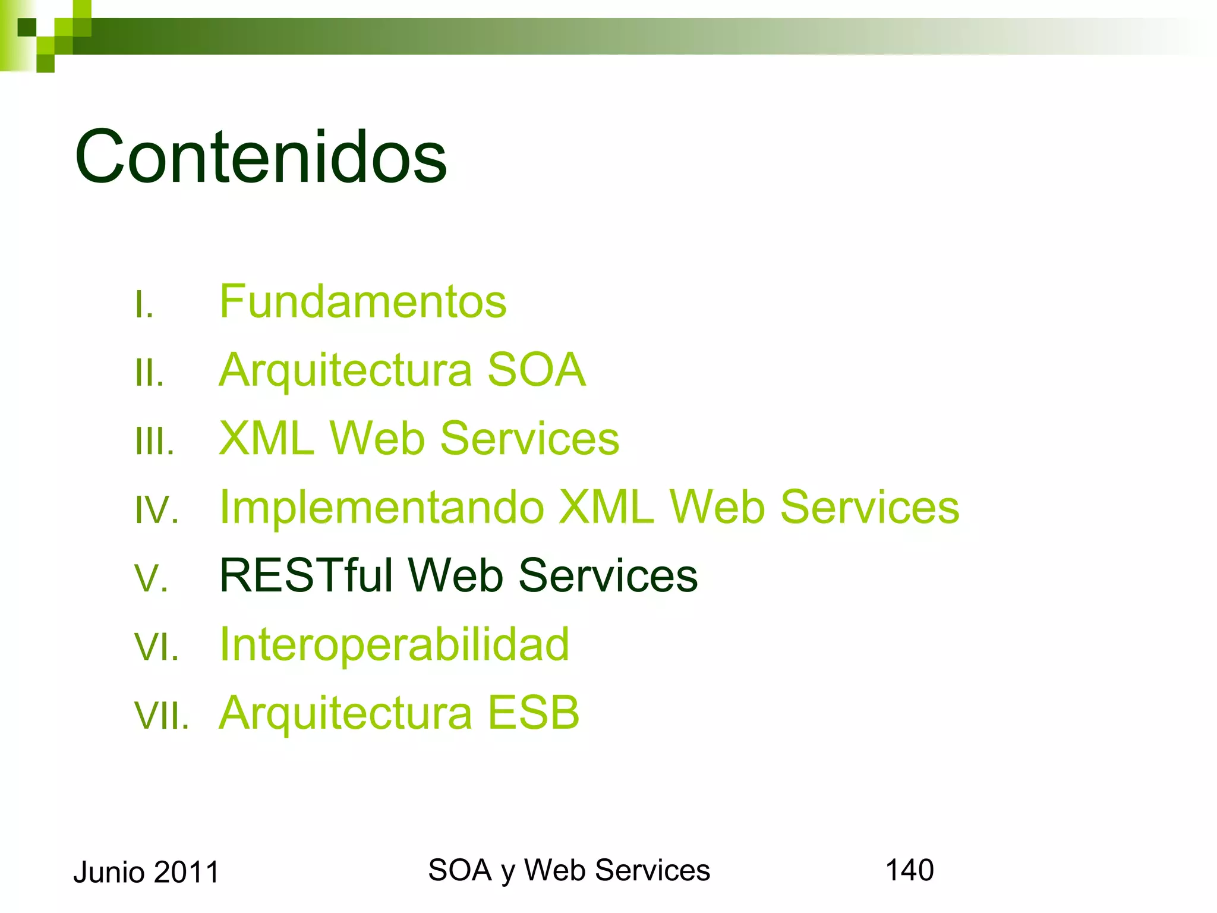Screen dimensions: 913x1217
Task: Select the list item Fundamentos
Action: (x=362, y=301)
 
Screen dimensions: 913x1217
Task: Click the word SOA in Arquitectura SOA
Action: (x=536, y=370)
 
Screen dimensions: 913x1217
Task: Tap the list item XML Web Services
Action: (x=419, y=439)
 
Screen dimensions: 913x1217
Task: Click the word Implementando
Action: (x=382, y=508)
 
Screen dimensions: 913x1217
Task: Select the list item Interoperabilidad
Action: (x=394, y=644)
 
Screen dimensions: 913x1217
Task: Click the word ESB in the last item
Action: (x=533, y=713)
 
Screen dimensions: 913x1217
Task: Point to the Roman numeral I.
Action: (x=144, y=305)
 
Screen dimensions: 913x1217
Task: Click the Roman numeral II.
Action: (x=149, y=373)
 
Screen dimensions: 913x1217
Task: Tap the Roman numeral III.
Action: (x=155, y=442)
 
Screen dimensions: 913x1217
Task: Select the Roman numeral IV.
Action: (x=156, y=510)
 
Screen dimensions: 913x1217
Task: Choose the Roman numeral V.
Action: (x=152, y=578)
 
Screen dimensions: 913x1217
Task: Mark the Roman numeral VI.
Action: (x=156, y=647)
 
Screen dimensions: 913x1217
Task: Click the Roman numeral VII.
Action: (x=161, y=716)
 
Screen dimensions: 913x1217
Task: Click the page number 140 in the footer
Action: (x=909, y=870)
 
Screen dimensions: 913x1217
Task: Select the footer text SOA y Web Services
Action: (x=569, y=870)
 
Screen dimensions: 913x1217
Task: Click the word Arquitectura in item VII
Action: (x=345, y=713)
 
